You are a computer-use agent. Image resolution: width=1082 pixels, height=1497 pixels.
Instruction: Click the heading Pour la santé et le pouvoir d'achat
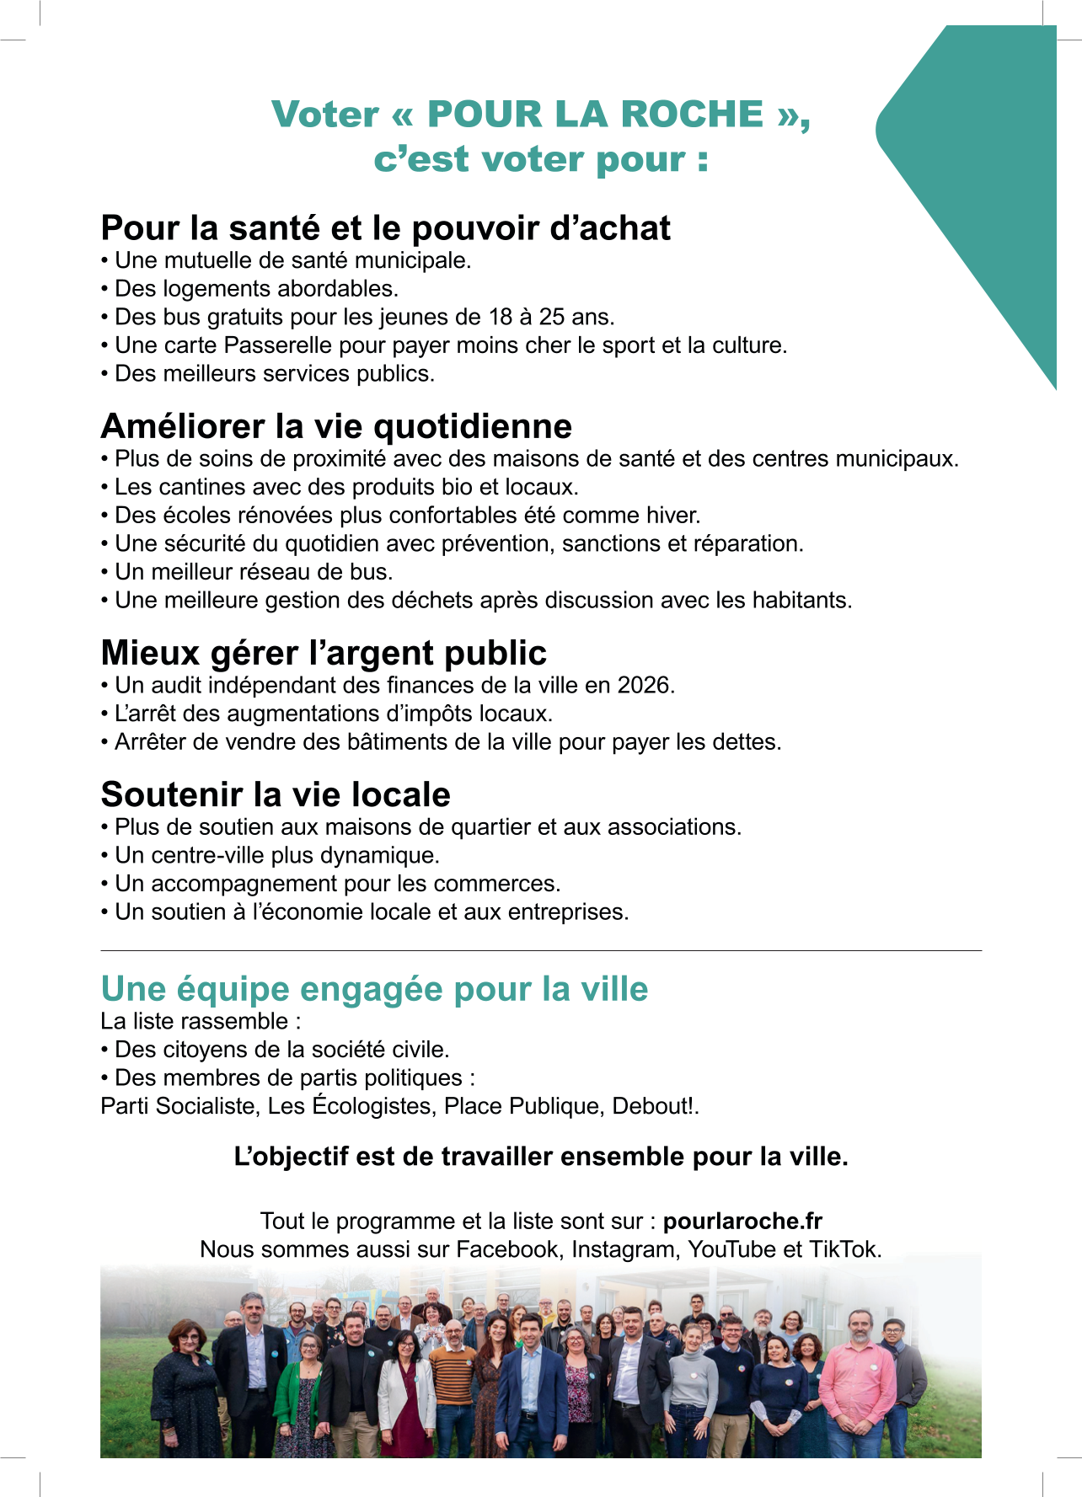pos(385,228)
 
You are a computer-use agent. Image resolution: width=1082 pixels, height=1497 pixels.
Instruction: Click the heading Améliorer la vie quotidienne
pos(336,426)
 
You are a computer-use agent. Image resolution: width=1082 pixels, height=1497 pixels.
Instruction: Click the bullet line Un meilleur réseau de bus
pos(253,572)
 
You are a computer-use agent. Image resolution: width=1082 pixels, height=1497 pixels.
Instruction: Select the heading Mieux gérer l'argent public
pos(324,653)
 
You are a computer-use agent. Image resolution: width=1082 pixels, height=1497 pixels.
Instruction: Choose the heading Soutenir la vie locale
pos(276,794)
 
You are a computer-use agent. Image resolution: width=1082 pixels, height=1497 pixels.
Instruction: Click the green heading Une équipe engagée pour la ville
pos(374,989)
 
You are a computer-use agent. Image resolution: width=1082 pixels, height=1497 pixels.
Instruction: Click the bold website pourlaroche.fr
pos(742,1222)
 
